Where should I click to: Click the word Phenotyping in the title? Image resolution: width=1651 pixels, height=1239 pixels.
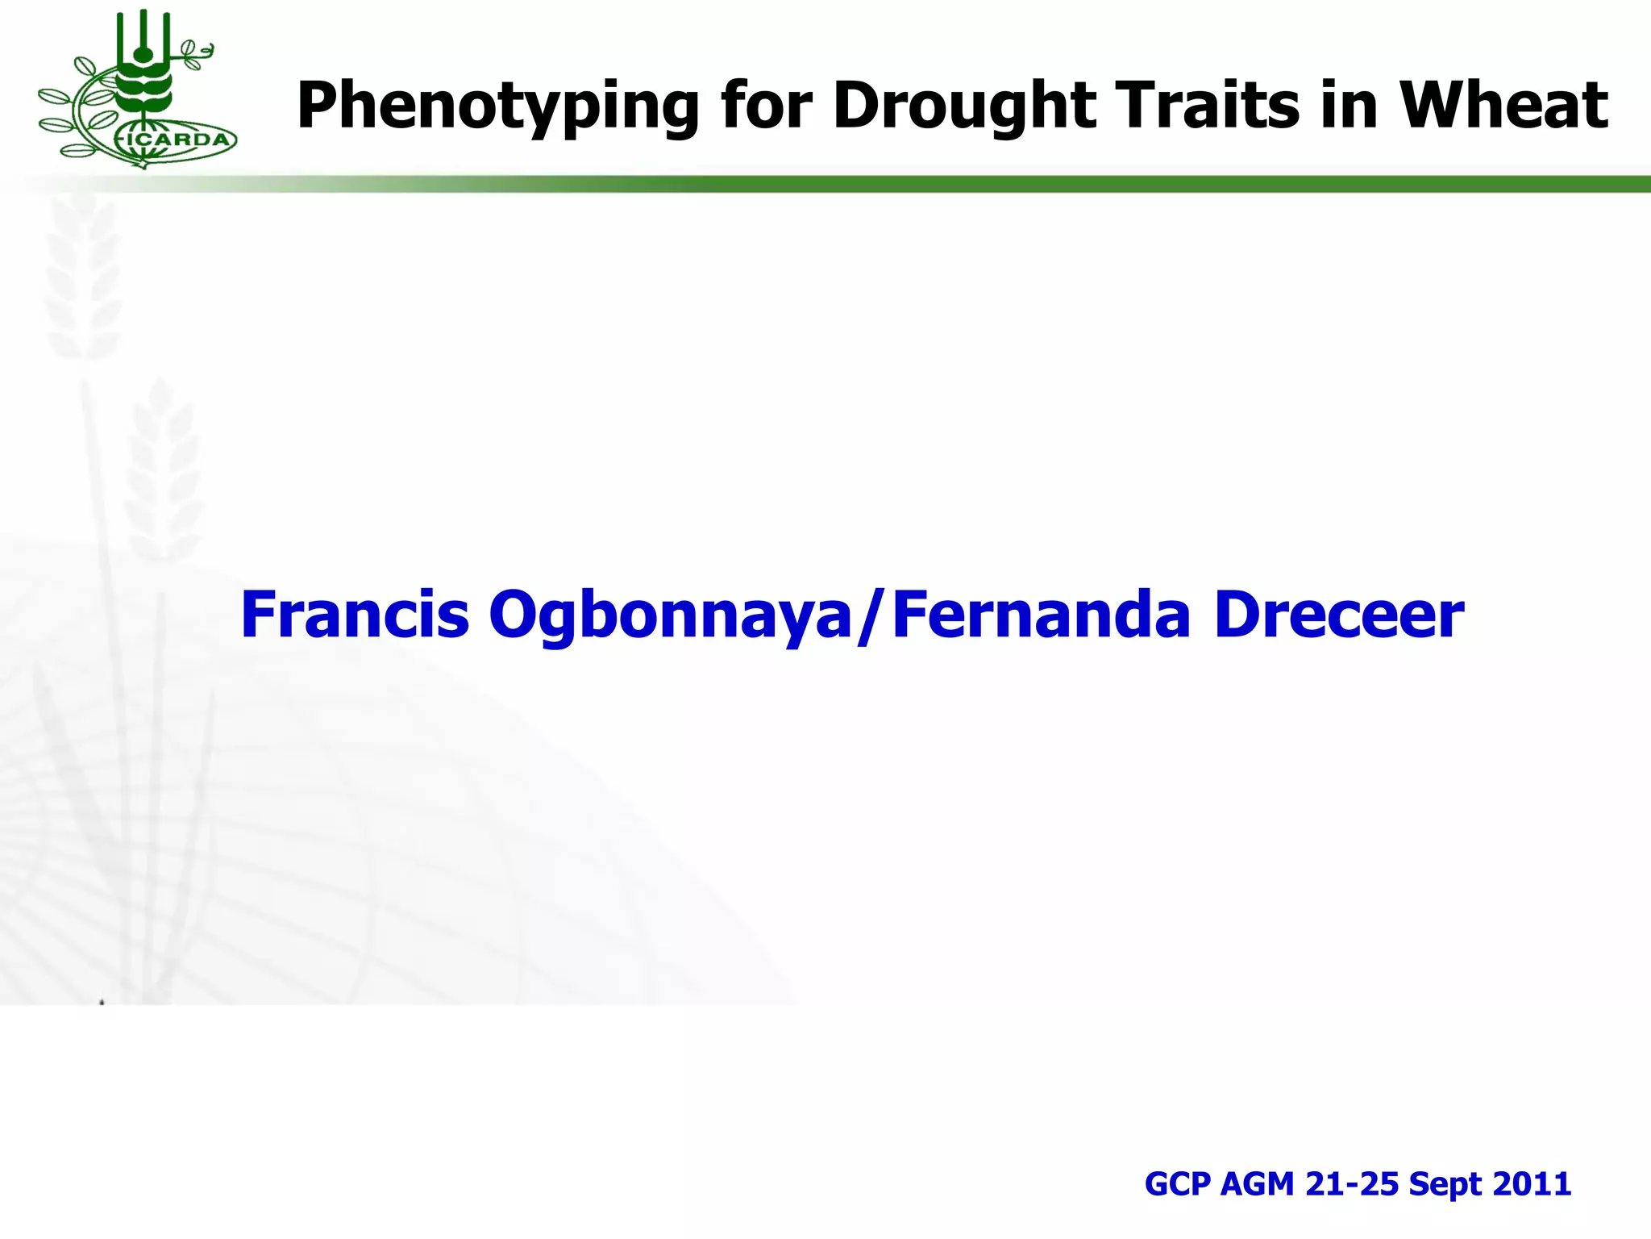[x=497, y=106]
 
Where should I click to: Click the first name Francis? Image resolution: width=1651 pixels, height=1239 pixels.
[x=355, y=615]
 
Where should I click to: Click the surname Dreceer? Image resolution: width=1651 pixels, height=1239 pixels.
[x=1339, y=615]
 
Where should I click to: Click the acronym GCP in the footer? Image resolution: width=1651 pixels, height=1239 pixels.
[x=1177, y=1184]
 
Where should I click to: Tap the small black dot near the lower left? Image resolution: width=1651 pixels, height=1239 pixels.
[x=102, y=1003]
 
